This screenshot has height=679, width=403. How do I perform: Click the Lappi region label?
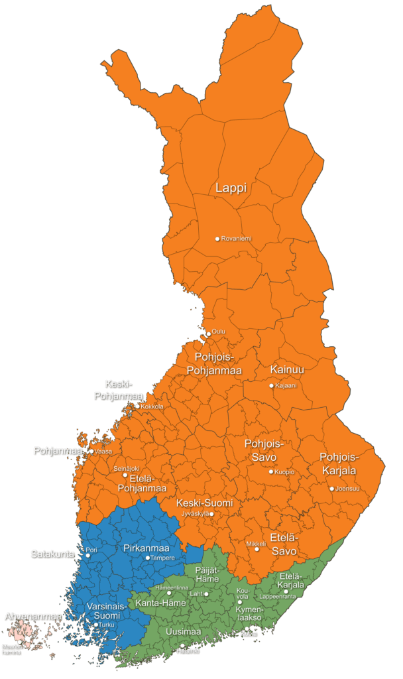pyautogui.click(x=231, y=188)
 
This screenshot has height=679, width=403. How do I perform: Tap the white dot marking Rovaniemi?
pyautogui.click(x=217, y=239)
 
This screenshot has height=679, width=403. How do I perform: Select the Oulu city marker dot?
pyautogui.click(x=209, y=334)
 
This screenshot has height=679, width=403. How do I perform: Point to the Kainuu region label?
pyautogui.click(x=287, y=369)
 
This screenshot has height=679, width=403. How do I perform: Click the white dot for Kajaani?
pyautogui.click(x=271, y=385)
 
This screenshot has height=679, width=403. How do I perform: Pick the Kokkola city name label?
pyautogui.click(x=152, y=406)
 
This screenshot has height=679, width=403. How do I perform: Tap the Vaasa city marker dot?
pyautogui.click(x=91, y=451)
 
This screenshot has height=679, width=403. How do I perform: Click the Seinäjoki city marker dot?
pyautogui.click(x=125, y=475)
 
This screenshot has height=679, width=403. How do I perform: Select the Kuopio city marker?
pyautogui.click(x=270, y=471)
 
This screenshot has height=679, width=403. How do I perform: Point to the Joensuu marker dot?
pyautogui.click(x=332, y=489)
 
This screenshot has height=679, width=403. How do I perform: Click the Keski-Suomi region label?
pyautogui.click(x=205, y=503)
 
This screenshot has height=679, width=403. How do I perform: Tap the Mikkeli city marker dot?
pyautogui.click(x=257, y=549)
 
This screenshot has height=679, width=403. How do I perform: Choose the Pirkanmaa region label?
pyautogui.click(x=146, y=548)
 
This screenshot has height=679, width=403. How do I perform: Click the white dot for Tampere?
pyautogui.click(x=148, y=558)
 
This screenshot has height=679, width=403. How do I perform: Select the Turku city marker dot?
pyautogui.click(x=95, y=625)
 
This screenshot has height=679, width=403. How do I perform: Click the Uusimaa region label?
pyautogui.click(x=183, y=631)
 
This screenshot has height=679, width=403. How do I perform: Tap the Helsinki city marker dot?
pyautogui.click(x=182, y=645)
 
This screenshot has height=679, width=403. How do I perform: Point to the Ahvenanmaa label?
pyautogui.click(x=32, y=617)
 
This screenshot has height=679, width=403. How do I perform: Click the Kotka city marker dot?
pyautogui.click(x=247, y=629)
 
